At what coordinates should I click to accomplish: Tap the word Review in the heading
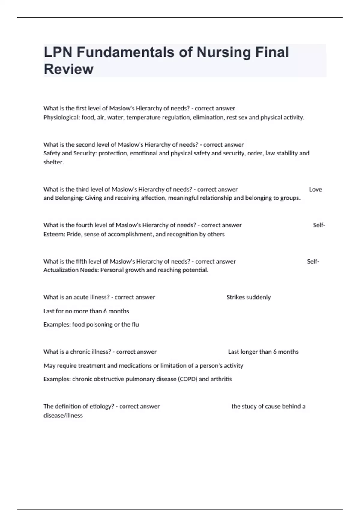pyautogui.click(x=69, y=69)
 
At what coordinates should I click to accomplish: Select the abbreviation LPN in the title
pyautogui.click(x=58, y=52)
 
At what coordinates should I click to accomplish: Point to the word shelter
pyautogui.click(x=53, y=162)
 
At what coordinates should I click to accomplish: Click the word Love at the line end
pyautogui.click(x=315, y=190)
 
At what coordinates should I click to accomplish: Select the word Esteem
pyautogui.click(x=54, y=234)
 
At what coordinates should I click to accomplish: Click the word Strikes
pyautogui.click(x=236, y=297)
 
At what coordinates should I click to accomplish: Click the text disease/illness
pyautogui.click(x=63, y=415)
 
